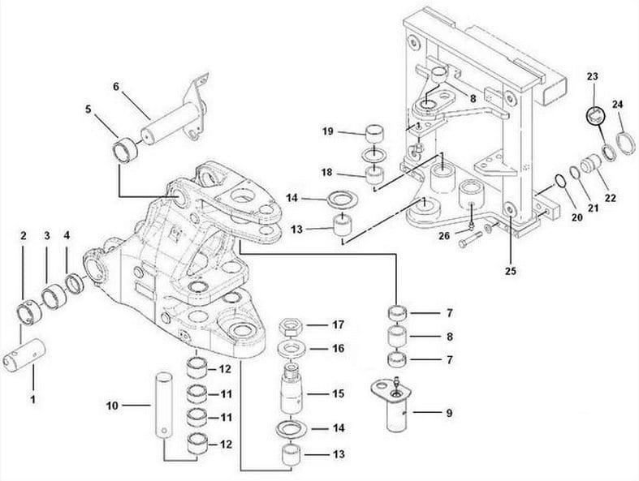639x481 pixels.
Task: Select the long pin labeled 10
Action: [162, 402]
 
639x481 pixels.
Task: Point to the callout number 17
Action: [339, 325]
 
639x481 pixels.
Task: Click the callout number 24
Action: [620, 104]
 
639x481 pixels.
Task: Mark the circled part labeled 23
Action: [593, 114]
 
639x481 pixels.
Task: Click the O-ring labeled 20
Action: [558, 180]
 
